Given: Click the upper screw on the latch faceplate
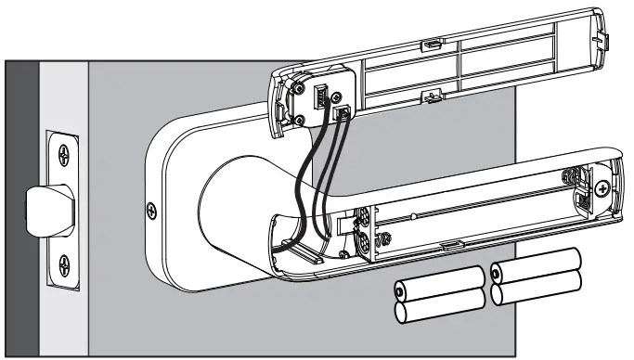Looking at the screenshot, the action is click(62, 153).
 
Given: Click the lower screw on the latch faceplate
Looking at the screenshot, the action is click(62, 263).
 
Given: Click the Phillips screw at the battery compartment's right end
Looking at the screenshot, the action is click(604, 188).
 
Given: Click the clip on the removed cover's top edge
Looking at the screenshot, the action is click(433, 44).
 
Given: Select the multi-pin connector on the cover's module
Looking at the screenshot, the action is click(320, 94).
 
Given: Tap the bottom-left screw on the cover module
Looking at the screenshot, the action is click(300, 118).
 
